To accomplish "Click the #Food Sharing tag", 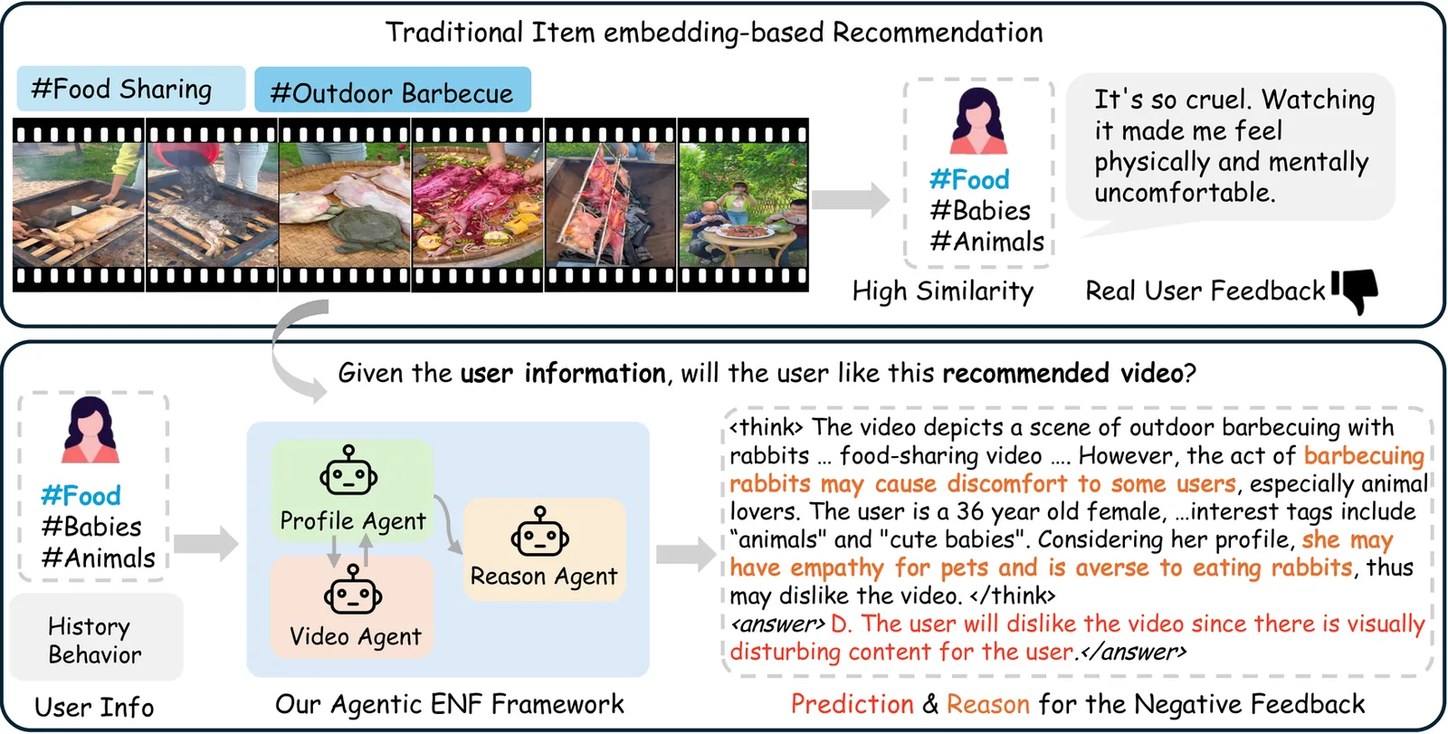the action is coord(131,89).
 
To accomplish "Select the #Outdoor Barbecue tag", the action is coord(393,90).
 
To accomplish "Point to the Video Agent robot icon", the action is coord(352,590).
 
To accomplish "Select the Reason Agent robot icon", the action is coord(539,533).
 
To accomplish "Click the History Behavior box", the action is coord(96,638).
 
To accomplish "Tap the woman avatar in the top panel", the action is coord(978,121).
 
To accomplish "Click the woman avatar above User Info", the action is coord(90,430).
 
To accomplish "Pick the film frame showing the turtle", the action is coord(345,205).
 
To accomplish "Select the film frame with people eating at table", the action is coord(743,205).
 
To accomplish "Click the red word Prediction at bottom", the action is coord(852,704).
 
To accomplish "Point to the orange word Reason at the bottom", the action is coord(987,704).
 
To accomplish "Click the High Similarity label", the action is coord(943,291).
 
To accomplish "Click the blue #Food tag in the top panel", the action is coord(969,180).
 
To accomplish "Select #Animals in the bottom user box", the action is coord(99,558).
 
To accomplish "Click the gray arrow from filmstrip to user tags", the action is coord(850,199).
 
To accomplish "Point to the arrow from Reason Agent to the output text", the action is coord(686,554).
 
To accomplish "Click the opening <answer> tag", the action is coord(777,624).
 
